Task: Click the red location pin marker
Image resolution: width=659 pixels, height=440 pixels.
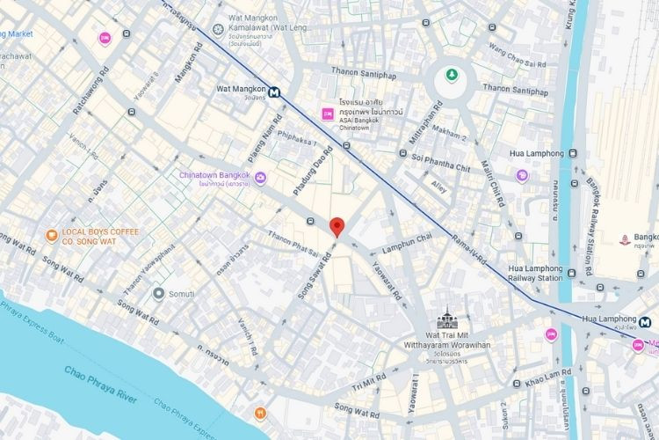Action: click(x=336, y=227)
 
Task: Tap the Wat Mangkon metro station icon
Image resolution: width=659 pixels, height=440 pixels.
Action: click(x=275, y=91)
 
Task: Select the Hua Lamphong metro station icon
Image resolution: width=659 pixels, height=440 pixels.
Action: click(x=645, y=322)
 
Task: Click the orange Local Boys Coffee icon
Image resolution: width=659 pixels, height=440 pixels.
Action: click(x=52, y=235)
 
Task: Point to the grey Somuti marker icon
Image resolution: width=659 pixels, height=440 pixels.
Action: click(x=158, y=293)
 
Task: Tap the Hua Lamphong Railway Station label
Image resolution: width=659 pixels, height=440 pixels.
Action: click(x=535, y=272)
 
